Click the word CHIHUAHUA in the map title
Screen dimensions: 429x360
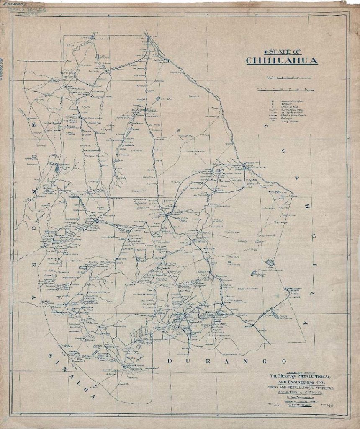pyautogui.click(x=282, y=61)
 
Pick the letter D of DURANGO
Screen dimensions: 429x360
pyautogui.click(x=170, y=361)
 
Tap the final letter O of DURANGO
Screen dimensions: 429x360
pyautogui.click(x=284, y=361)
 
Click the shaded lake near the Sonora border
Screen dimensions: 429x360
pyautogui.click(x=57, y=169)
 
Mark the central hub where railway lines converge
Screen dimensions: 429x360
pyautogui.click(x=166, y=215)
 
